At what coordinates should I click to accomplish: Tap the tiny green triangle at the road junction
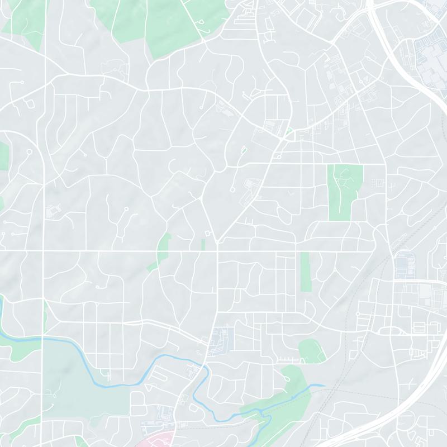[289, 132]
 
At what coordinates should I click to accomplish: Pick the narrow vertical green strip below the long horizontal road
[305, 272]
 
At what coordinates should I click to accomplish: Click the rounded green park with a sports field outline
[312, 351]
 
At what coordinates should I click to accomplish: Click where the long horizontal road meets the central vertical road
[216, 251]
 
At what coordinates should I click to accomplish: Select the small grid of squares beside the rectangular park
[378, 182]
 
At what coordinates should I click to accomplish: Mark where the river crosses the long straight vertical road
[43, 338]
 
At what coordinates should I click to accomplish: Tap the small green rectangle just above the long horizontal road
[203, 245]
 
